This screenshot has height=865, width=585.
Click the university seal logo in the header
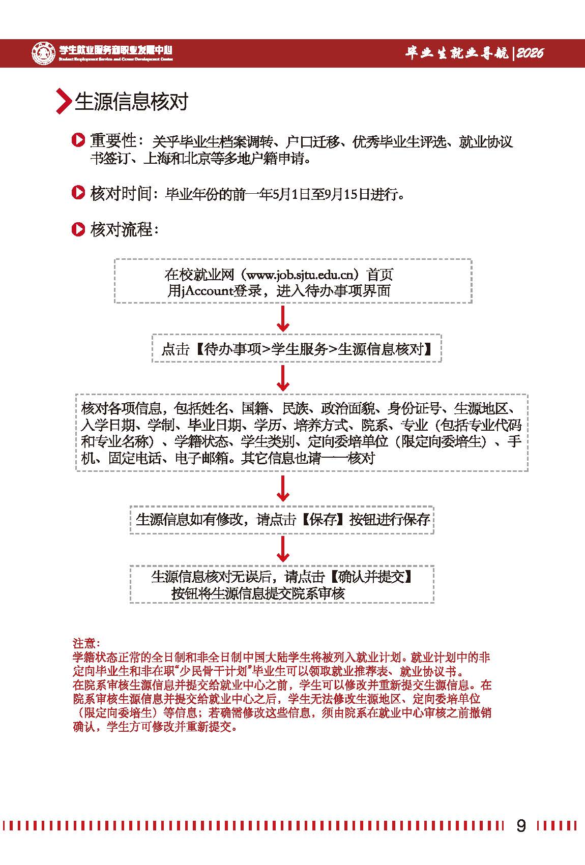44,52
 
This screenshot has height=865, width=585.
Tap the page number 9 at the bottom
521,825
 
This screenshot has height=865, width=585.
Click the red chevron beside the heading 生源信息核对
63,101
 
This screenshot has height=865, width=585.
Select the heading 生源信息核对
131,101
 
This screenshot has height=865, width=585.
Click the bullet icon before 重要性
78,140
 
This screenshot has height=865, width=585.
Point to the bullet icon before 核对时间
78,193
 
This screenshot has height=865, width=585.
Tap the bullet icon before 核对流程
78,229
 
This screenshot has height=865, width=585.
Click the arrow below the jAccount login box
283,319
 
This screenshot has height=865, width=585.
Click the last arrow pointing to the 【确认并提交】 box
283,549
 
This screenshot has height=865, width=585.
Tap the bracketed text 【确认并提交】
370,577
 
